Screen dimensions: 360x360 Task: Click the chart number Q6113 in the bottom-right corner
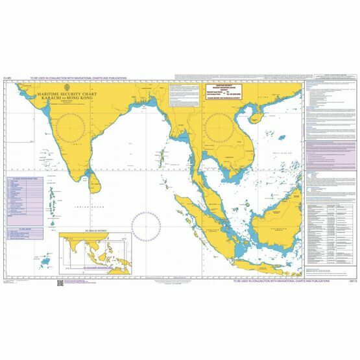coord(334,281)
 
